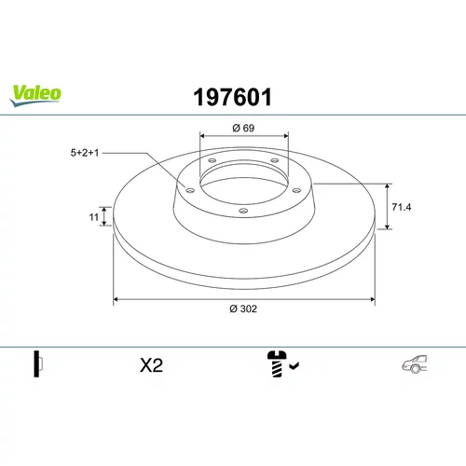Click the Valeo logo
(x=35, y=95)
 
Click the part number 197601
(x=233, y=97)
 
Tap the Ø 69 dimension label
(x=243, y=128)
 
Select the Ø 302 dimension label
(x=243, y=308)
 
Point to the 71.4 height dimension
(x=402, y=207)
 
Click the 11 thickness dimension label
(x=94, y=217)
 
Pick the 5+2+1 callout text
(x=85, y=153)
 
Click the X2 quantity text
(x=151, y=365)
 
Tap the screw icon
(x=277, y=363)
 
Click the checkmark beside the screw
(x=294, y=365)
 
